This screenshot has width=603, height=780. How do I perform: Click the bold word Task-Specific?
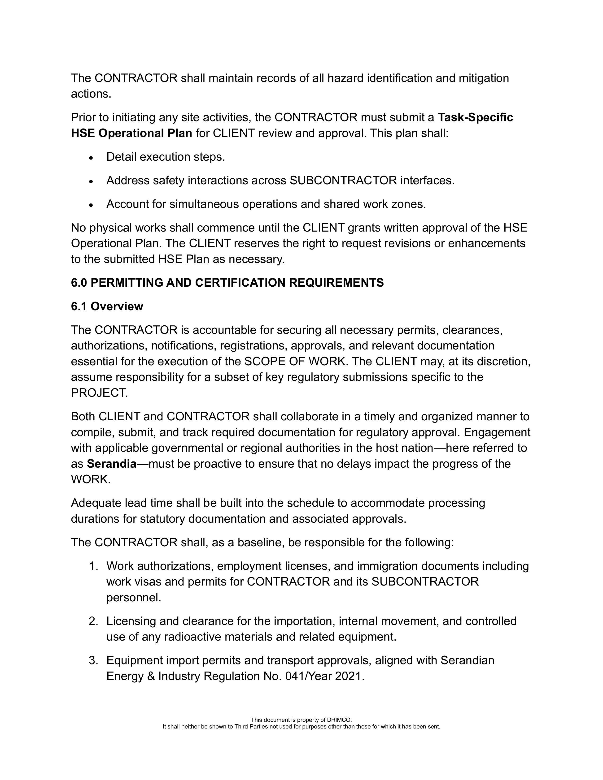pyautogui.click(x=475, y=117)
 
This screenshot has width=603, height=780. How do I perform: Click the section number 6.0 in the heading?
pyautogui.click(x=79, y=283)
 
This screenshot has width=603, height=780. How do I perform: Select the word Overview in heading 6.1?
pyautogui.click(x=117, y=306)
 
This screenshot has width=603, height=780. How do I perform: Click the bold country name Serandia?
pyautogui.click(x=112, y=464)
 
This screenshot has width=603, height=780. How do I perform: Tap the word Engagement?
pyautogui.click(x=497, y=432)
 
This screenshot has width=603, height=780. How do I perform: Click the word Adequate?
pyautogui.click(x=96, y=503)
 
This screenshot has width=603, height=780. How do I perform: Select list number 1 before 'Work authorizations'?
pyautogui.click(x=93, y=566)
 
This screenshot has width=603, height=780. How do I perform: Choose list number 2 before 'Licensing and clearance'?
pyautogui.click(x=93, y=621)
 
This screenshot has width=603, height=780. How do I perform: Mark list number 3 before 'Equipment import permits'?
pyautogui.click(x=93, y=661)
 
